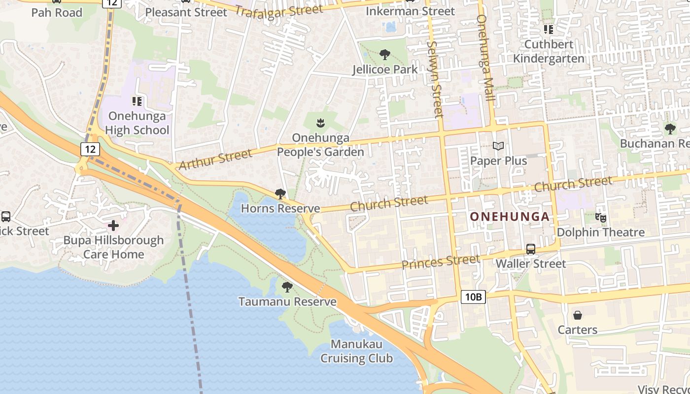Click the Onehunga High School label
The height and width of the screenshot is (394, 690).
138,123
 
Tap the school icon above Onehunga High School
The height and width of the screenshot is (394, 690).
137,101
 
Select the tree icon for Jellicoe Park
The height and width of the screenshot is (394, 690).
384,55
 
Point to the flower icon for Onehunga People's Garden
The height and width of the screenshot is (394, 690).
320,122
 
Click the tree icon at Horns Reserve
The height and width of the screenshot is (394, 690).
280,194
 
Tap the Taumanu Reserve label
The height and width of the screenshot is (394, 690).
287,301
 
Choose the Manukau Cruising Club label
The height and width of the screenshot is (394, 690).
356,351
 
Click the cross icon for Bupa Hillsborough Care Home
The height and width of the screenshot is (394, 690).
113,226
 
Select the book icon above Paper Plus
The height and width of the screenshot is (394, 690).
498,146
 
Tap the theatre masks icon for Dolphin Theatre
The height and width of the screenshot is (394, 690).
600,217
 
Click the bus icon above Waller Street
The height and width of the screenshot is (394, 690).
530,249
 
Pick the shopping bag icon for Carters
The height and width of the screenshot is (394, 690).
577,315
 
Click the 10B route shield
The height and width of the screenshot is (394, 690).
473,296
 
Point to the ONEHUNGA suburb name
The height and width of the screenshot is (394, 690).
509,217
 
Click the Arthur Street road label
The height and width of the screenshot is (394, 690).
215,160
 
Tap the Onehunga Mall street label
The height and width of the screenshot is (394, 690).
485,58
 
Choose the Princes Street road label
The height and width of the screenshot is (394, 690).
440,262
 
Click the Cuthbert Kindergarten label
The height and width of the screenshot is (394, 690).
549,51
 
